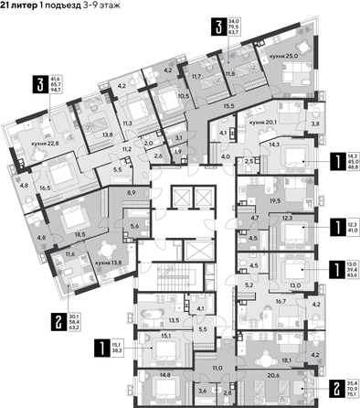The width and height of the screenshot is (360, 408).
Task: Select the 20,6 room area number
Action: coord(271,362)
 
